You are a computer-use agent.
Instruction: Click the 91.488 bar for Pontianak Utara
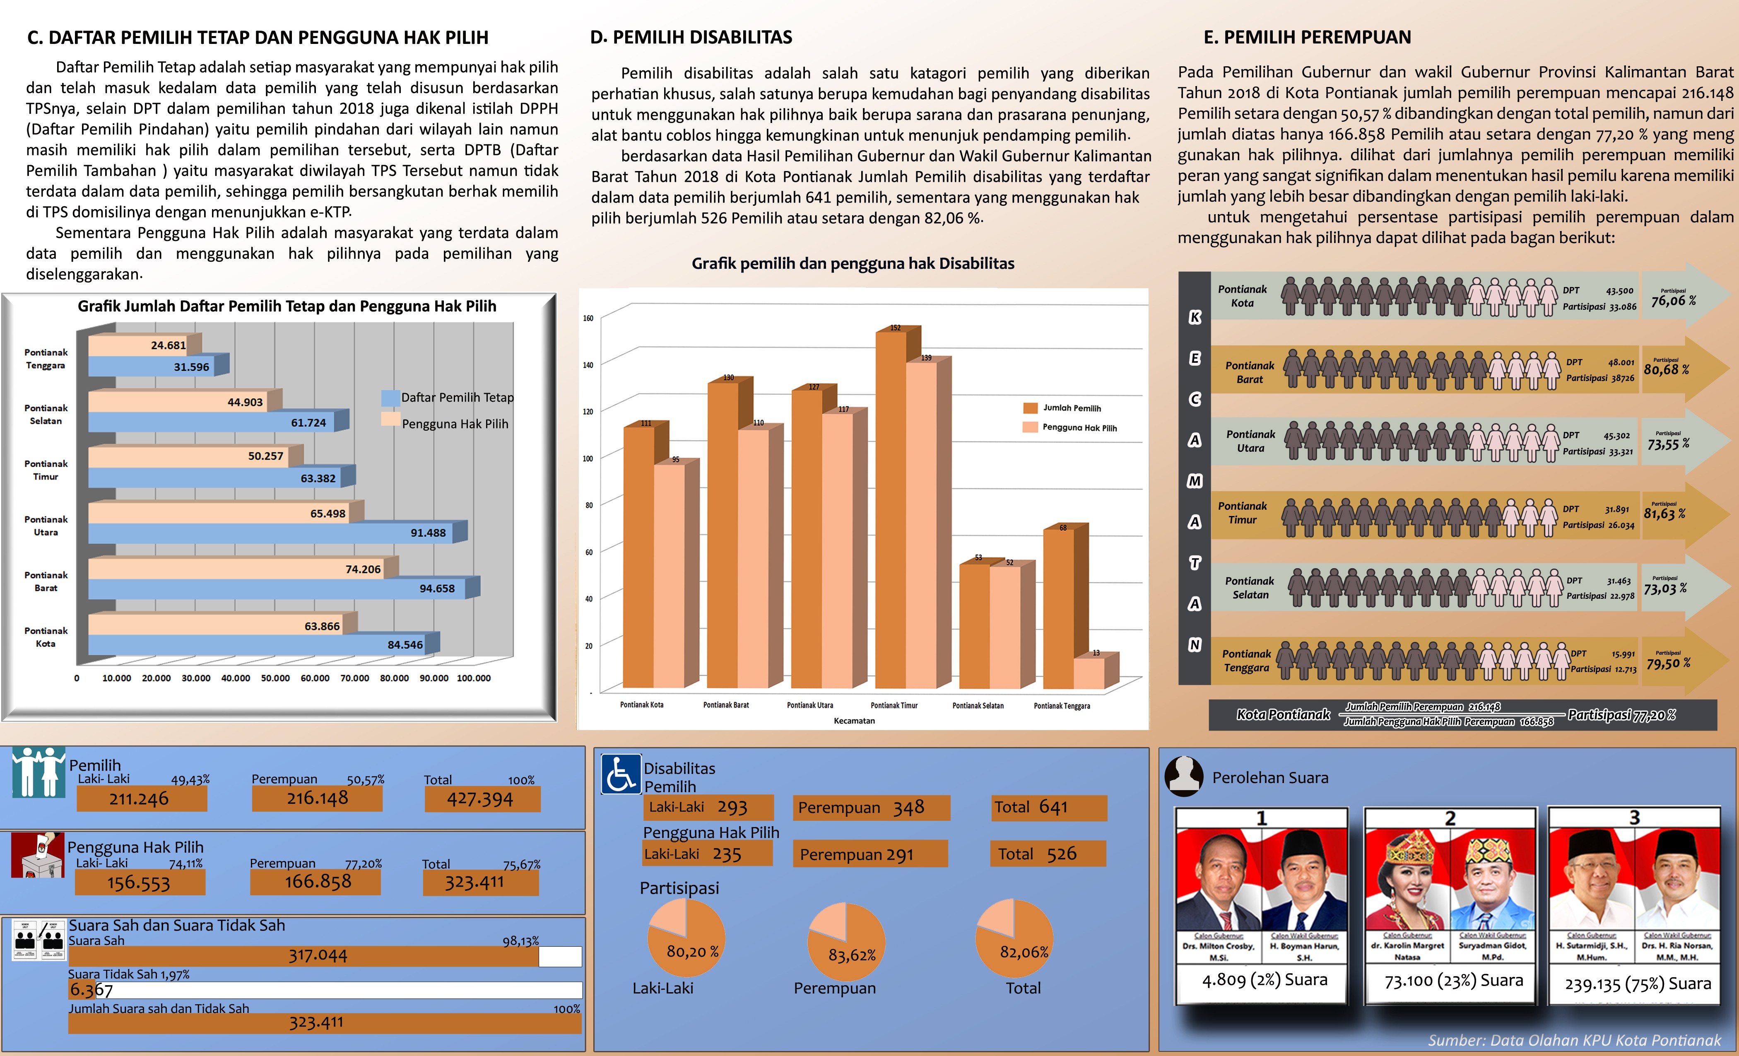(275, 533)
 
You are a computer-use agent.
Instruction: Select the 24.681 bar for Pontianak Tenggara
(141, 345)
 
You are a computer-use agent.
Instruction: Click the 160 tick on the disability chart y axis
(588, 318)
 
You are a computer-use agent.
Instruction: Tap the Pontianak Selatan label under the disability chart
(978, 705)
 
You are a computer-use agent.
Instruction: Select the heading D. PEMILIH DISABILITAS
(691, 37)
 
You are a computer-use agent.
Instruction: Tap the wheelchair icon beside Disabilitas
(620, 774)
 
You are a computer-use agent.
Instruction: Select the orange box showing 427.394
(482, 798)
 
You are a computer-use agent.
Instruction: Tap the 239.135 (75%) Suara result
(1638, 983)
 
